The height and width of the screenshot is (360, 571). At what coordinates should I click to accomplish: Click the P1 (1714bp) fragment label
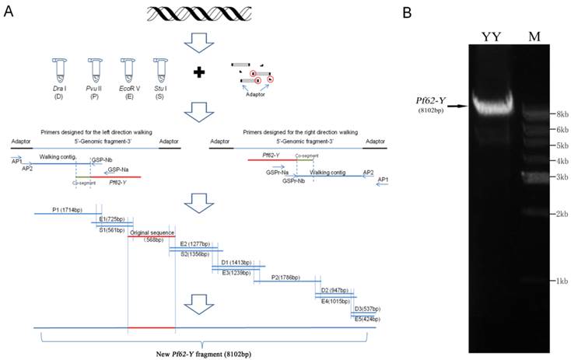coord(69,209)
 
